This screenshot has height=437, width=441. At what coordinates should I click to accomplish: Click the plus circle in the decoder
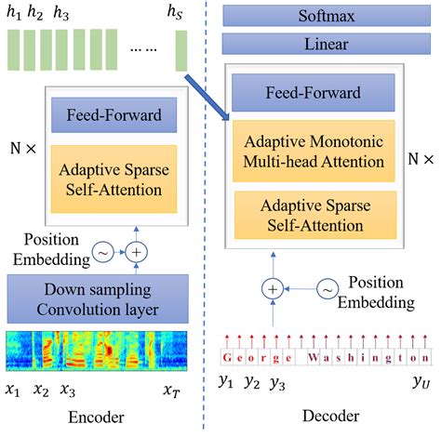pyautogui.click(x=273, y=289)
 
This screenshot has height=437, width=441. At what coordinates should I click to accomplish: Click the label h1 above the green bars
pyautogui.click(x=14, y=13)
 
